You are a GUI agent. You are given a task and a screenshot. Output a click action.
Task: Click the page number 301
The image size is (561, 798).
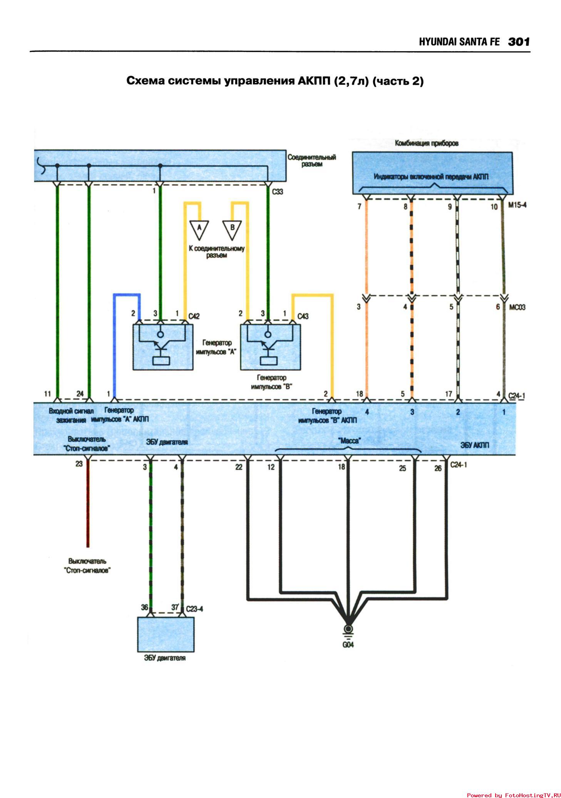(519, 42)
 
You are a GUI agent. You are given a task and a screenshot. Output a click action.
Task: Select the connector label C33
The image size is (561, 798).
(278, 192)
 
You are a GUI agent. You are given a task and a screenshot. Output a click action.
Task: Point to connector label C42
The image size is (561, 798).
(194, 316)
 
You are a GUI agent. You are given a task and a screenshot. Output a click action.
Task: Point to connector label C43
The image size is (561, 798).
(303, 316)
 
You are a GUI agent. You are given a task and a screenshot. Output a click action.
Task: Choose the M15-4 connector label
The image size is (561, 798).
(517, 205)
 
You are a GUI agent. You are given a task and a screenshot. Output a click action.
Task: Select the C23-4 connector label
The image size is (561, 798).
(194, 609)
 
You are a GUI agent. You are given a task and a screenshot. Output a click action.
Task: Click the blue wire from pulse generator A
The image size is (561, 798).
(114, 347)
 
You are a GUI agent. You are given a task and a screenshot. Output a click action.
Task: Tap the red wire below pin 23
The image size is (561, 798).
(88, 505)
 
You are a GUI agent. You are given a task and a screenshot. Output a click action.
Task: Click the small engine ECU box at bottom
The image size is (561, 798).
(166, 634)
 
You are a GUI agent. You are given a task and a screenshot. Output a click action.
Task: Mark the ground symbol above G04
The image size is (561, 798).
(348, 630)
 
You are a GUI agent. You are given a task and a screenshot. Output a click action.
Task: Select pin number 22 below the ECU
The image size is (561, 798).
(239, 467)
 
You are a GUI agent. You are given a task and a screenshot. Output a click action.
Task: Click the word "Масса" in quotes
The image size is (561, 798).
(349, 440)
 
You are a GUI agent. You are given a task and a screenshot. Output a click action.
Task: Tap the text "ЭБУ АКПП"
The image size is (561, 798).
(474, 445)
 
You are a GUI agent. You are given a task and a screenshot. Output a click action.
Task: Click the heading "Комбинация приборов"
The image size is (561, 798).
(427, 143)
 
